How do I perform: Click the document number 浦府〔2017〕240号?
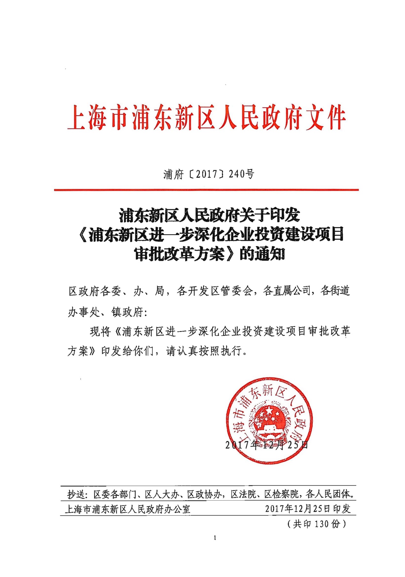[x=209, y=174]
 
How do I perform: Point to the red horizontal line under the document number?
[x=206, y=190]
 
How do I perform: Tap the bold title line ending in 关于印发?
[x=209, y=215]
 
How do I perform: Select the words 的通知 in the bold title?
[x=262, y=254]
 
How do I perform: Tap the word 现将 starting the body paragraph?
[x=100, y=331]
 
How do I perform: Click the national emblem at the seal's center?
[x=269, y=419]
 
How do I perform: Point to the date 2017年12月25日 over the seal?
[x=266, y=445]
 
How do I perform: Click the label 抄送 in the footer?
[x=76, y=495]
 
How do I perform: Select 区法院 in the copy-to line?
[x=243, y=495]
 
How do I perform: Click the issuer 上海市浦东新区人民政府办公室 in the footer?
[x=128, y=509]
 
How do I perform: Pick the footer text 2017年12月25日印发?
[x=308, y=509]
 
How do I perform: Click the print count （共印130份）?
[x=316, y=524]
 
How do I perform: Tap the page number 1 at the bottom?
[x=215, y=538]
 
